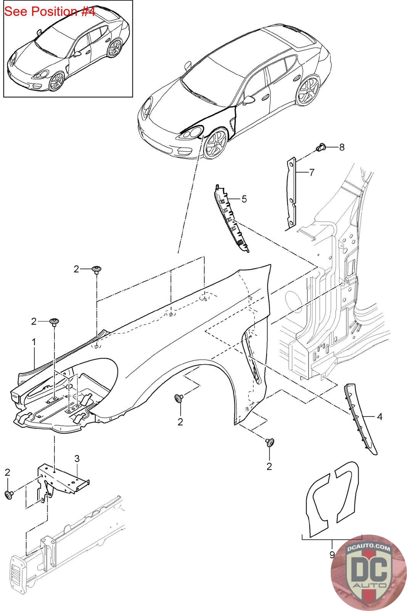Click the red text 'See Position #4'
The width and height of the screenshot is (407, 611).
(50, 11)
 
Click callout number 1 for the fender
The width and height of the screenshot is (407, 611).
(34, 343)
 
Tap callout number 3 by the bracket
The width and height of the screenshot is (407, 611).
(77, 458)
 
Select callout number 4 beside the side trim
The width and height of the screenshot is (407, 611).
(379, 417)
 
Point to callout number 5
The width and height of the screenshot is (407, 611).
(244, 199)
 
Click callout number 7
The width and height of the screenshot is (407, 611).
(312, 173)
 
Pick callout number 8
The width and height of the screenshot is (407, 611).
(341, 147)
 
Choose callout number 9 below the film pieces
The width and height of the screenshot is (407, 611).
(331, 554)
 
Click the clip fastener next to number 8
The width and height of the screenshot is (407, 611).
(321, 147)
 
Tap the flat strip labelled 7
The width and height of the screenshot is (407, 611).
(291, 193)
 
